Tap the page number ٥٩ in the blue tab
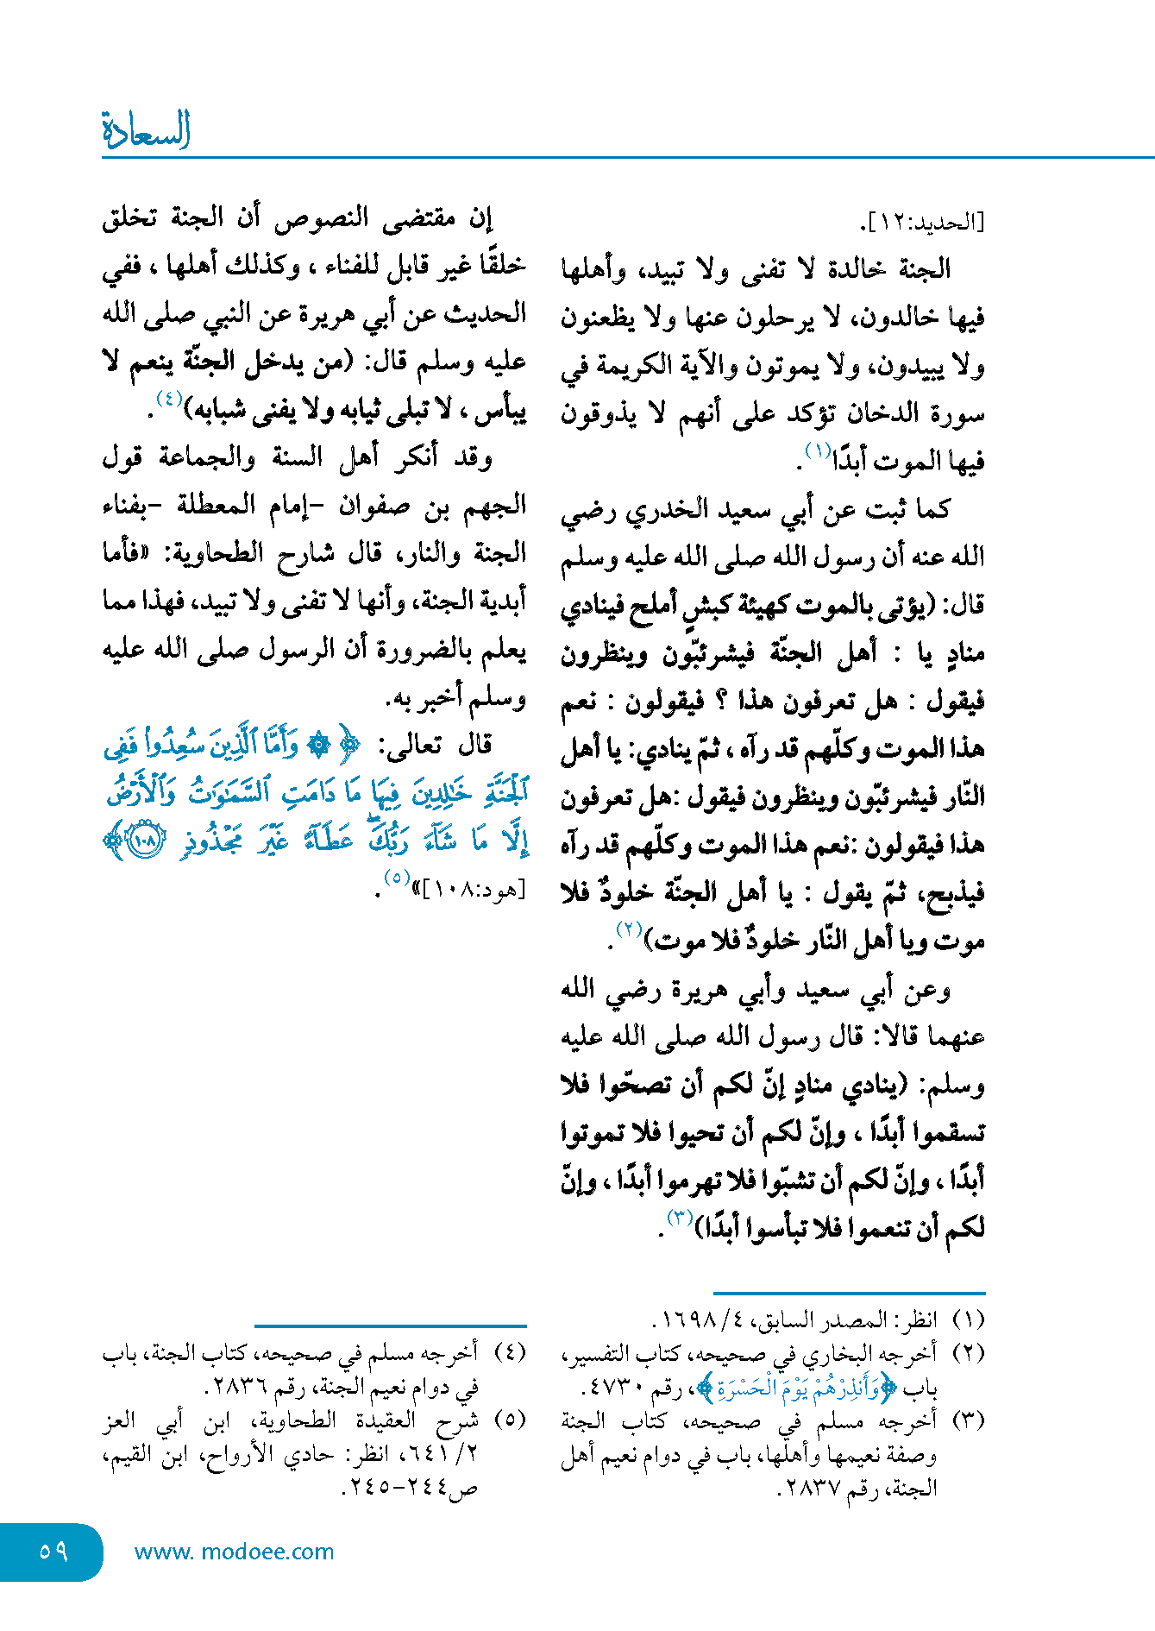(53, 1551)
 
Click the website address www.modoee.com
(234, 1552)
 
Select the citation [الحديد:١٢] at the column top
(922, 223)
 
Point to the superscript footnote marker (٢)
(629, 929)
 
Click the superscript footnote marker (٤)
(168, 399)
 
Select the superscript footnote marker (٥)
(396, 878)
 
